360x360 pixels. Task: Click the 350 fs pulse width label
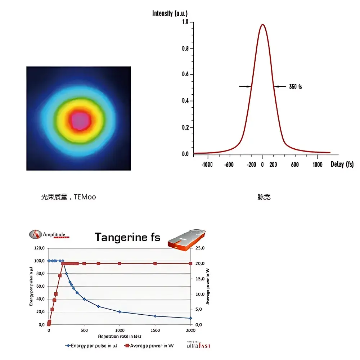point(295,87)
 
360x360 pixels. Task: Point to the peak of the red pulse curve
point(263,25)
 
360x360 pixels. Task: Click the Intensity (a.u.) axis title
point(170,14)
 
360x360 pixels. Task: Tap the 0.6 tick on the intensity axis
point(185,75)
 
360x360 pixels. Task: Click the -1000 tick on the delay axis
point(207,165)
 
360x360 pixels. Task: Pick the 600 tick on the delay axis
point(294,165)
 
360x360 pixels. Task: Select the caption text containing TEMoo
point(68,197)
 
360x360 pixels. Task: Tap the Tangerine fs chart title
point(127,237)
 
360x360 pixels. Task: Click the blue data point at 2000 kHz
point(191,318)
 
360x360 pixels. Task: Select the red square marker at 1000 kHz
point(120,264)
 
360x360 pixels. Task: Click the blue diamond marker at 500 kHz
point(84,299)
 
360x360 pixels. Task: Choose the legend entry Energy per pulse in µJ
point(92,346)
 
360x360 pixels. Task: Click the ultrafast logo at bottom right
point(198,345)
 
